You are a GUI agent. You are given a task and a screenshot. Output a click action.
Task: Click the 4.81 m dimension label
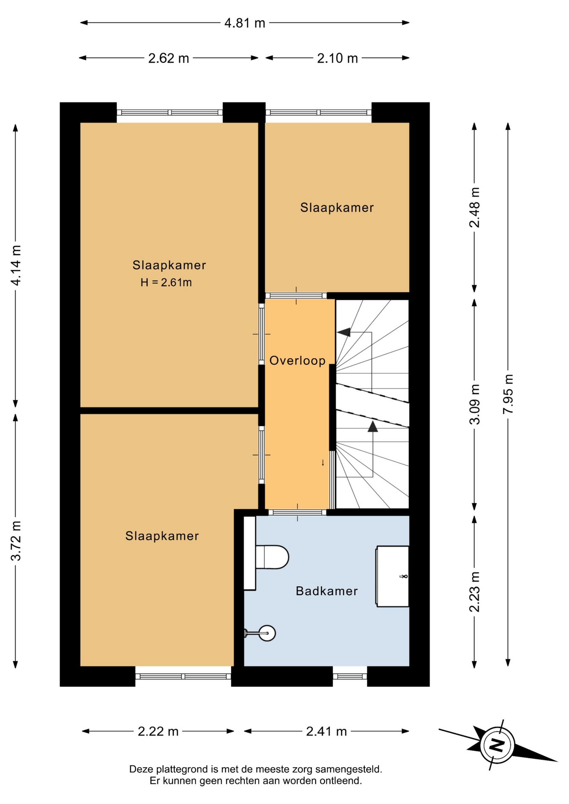click(245, 23)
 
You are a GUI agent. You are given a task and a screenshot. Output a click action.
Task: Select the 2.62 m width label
click(168, 58)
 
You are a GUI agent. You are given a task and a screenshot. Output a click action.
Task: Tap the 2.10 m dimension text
click(337, 58)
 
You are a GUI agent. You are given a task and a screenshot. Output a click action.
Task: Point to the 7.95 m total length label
click(508, 394)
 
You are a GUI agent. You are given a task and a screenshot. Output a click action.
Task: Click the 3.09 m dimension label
click(474, 404)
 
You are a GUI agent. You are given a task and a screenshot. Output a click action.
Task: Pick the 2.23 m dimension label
click(474, 592)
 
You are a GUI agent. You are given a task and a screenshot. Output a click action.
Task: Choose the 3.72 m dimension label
click(16, 541)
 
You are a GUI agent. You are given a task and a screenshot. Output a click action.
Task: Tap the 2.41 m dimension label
click(326, 731)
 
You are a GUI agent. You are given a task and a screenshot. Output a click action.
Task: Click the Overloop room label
click(297, 361)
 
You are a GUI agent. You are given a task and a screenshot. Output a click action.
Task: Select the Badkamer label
click(327, 591)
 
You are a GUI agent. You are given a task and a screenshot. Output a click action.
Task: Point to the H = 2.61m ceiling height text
click(166, 283)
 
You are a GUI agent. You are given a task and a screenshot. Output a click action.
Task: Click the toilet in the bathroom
click(272, 557)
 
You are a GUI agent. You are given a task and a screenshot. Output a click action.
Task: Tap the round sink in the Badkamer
click(266, 633)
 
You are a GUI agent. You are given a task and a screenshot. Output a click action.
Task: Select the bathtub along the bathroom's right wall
click(393, 576)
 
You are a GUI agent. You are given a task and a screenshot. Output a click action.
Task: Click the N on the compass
click(497, 745)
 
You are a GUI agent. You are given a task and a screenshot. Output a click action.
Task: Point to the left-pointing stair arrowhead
click(343, 332)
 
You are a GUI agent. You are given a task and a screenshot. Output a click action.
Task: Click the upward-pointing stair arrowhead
click(372, 426)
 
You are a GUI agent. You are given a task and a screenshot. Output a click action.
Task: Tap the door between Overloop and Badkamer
click(297, 512)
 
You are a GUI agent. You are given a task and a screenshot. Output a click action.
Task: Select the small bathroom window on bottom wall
click(350, 676)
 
